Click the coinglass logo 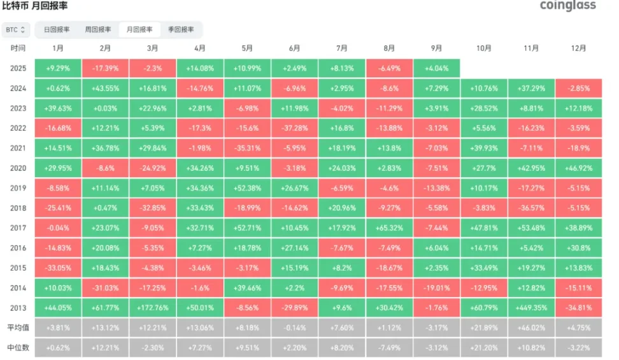567,6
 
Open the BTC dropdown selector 17,29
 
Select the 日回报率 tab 57,29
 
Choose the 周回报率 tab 98,29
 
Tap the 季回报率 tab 181,29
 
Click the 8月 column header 389,48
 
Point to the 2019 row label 18,189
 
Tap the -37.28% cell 295,129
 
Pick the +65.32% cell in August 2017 389,228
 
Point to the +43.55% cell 106,89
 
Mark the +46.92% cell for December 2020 578,169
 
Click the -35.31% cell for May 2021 247,149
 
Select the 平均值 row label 18,328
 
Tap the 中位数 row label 18,347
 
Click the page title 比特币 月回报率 34,6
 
